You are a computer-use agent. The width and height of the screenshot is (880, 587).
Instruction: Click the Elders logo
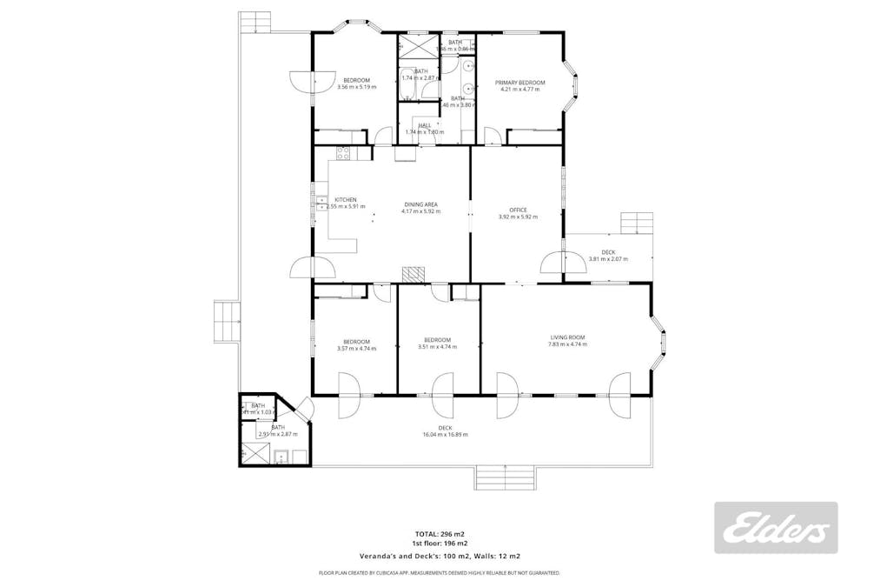[776, 528]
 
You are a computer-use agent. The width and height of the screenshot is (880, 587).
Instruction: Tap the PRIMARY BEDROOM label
[519, 82]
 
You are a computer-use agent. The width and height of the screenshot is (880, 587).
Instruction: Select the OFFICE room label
[518, 210]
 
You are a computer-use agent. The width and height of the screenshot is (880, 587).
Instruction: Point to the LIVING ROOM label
[567, 337]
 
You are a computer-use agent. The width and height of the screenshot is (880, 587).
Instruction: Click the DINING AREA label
[420, 204]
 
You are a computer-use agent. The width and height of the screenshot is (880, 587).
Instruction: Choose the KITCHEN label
[345, 200]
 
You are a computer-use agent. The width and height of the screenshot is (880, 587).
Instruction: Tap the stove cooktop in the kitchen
[342, 155]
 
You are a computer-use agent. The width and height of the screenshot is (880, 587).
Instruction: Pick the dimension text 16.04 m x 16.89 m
[445, 435]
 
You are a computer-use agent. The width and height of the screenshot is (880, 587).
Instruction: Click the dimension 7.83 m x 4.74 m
[567, 345]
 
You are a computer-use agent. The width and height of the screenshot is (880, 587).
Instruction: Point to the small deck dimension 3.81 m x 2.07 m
[608, 259]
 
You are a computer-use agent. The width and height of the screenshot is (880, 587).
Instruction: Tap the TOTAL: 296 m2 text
[439, 533]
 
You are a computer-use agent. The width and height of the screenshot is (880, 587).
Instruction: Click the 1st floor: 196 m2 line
[439, 543]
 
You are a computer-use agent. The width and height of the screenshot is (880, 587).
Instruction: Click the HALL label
[425, 126]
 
